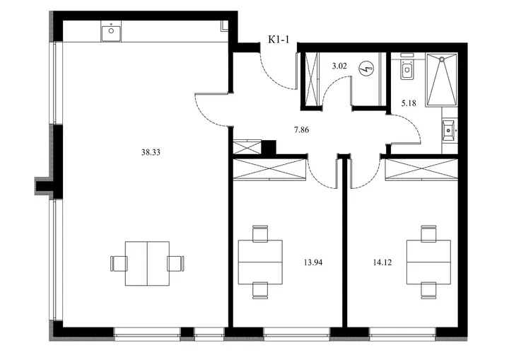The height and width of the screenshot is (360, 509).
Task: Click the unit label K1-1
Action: tap(279, 40)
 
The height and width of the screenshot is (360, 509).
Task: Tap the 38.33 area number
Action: tap(151, 152)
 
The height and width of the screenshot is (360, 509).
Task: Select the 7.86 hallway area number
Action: tap(302, 130)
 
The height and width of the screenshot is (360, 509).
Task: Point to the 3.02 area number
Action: tap(339, 66)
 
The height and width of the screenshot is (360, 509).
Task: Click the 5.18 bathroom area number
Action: tap(409, 104)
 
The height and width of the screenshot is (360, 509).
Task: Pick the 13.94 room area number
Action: tap(313, 262)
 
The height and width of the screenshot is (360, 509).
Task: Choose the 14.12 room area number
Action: tap(382, 262)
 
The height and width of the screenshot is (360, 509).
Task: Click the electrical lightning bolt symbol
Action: tap(366, 69)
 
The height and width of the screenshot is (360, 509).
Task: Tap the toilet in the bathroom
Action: tap(406, 69)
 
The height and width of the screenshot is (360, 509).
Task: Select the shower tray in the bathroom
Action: tap(442, 79)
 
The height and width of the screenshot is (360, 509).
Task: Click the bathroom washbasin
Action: tap(449, 130)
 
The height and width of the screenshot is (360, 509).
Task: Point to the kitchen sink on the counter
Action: tap(112, 31)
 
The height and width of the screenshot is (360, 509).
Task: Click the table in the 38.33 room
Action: tap(147, 264)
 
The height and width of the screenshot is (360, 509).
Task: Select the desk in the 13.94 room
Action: tap(260, 262)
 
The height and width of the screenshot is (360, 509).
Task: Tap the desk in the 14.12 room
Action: tap(429, 262)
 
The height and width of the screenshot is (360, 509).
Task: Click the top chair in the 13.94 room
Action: tap(260, 233)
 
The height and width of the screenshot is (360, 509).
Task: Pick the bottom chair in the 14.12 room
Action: tap(429, 291)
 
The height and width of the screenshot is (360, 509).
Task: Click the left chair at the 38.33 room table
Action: tap(119, 264)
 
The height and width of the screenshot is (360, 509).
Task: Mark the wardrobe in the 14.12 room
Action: tap(421, 169)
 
